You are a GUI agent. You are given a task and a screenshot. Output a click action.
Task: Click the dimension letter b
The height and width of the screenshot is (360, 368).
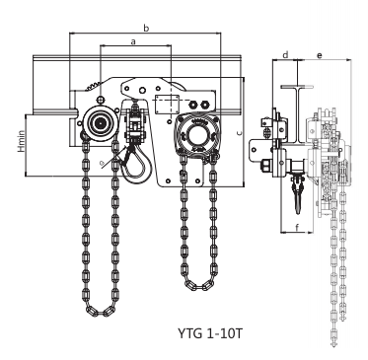(146, 28)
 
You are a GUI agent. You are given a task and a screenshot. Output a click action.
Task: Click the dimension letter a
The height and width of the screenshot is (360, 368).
(133, 41)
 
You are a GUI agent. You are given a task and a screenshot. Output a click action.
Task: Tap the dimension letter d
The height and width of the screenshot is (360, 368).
(285, 54)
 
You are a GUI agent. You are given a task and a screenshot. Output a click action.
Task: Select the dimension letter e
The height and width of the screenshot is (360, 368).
(320, 55)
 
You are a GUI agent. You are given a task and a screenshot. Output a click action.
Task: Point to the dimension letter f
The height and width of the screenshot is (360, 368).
(297, 227)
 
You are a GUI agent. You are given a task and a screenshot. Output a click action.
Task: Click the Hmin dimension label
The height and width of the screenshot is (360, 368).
(21, 141)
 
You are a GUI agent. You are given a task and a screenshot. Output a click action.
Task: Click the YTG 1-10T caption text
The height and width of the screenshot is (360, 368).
(210, 333)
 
